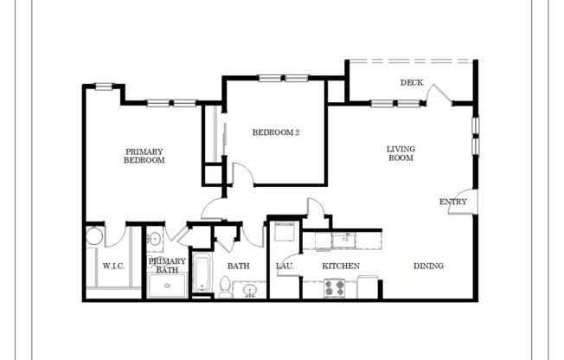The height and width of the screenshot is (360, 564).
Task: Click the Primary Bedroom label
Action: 144,156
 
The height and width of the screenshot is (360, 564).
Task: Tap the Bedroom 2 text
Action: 275,132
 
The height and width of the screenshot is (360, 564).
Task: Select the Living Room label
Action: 400,153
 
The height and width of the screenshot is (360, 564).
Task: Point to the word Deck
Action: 411,83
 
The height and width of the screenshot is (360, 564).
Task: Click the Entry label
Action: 452,202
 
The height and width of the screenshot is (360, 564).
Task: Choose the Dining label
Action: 427,266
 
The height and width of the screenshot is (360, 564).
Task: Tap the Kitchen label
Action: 341,266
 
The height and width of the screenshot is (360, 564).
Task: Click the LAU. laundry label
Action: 285,266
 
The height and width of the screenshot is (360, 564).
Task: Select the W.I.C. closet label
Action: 114,266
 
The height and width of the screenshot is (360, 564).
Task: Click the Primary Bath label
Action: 167,266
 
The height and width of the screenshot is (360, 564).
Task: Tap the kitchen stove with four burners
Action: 335,287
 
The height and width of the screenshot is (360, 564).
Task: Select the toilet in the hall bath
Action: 225,286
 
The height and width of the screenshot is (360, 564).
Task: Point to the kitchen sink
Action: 343,239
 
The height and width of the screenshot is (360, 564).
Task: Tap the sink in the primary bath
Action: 155,240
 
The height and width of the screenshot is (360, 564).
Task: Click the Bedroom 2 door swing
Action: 242,174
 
